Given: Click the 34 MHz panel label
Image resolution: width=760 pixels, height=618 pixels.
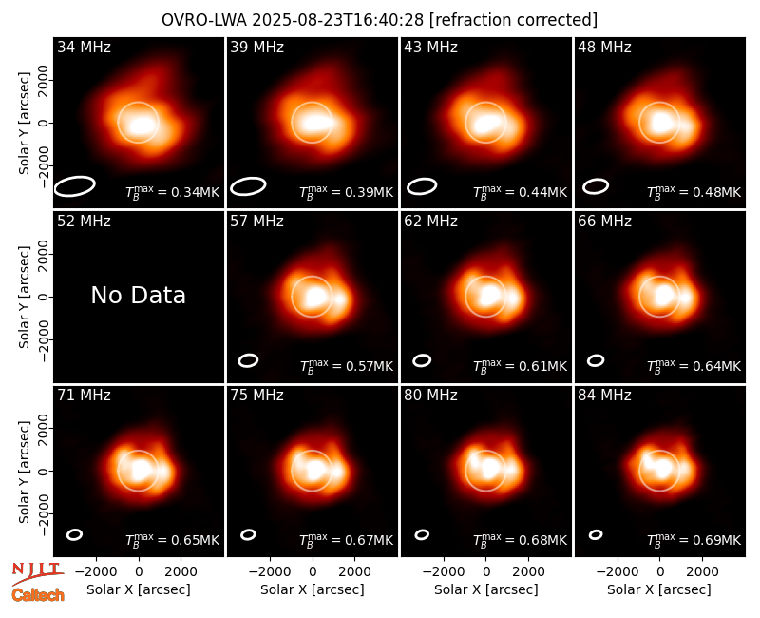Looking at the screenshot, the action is click(x=84, y=47).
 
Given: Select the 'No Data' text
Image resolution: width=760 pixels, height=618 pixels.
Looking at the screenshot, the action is click(x=138, y=296).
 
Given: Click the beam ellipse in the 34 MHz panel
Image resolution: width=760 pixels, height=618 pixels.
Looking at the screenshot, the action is click(x=74, y=186).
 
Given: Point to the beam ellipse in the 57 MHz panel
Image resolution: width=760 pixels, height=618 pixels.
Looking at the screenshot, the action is click(x=248, y=360).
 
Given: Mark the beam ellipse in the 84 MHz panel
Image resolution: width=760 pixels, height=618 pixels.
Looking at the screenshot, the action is click(x=596, y=534).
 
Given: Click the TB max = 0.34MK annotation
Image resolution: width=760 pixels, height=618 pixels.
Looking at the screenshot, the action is click(x=173, y=192).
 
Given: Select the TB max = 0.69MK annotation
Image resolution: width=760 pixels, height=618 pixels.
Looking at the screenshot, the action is click(x=694, y=539).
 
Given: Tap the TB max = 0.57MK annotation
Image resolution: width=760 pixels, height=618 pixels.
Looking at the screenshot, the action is click(x=346, y=366).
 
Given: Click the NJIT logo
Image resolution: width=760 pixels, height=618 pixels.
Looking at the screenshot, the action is click(x=38, y=573).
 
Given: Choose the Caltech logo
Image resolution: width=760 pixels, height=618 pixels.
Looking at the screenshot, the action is click(x=38, y=595).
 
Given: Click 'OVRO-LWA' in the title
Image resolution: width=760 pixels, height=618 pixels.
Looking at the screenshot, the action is click(x=204, y=20).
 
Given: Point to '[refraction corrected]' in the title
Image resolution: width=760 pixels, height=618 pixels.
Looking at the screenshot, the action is click(x=513, y=20).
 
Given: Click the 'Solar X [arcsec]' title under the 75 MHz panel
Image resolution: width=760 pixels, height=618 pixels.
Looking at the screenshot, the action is click(x=313, y=589).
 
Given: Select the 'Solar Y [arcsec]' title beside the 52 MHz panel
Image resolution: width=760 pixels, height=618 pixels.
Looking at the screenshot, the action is click(x=24, y=297).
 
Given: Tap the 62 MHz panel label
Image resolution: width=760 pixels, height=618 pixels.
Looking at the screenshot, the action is click(x=431, y=222).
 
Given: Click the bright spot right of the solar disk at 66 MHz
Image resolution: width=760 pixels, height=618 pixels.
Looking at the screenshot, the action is click(x=686, y=297).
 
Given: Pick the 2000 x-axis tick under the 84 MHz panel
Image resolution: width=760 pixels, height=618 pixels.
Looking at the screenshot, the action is click(x=702, y=571).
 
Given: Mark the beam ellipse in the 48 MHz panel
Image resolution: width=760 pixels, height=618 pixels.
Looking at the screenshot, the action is click(x=596, y=186).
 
